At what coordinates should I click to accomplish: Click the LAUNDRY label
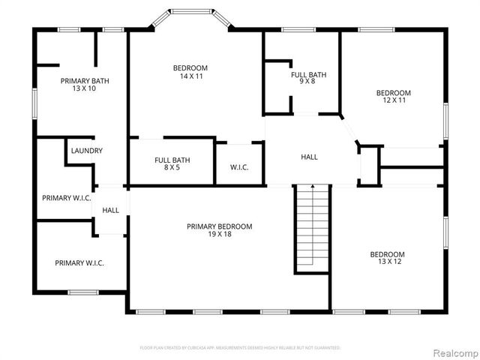(x=86, y=151)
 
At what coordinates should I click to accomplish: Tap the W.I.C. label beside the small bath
(x=239, y=167)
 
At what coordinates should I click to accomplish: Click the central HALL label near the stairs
(x=309, y=157)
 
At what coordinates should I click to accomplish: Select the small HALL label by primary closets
(x=110, y=211)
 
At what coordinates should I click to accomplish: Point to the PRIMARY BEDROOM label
(x=219, y=226)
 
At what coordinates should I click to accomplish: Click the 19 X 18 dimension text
(x=219, y=235)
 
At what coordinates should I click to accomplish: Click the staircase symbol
(x=311, y=228)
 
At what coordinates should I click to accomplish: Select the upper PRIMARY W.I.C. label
(x=66, y=198)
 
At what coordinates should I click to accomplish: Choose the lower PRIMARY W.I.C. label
(x=79, y=263)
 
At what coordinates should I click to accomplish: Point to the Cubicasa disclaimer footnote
(x=240, y=348)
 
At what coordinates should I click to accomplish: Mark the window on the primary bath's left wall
(x=34, y=103)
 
